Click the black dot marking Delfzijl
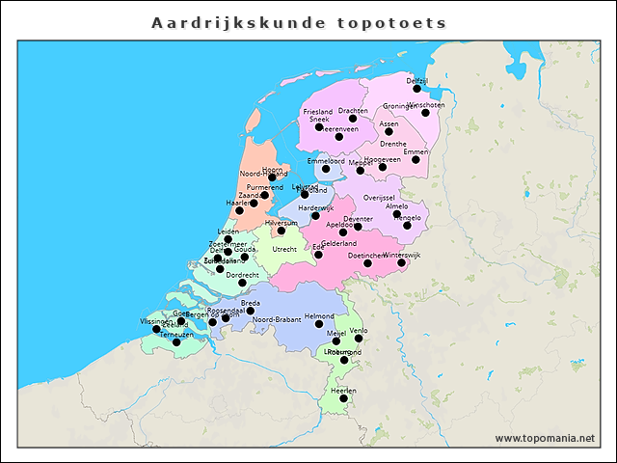417,89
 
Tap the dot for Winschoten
425,113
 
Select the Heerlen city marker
343,398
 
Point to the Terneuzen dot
175,342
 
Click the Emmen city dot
416,159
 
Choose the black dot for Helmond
319,323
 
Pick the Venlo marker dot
359,339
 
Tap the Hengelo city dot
407,226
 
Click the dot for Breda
250,311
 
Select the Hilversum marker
281,231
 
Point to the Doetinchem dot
367,263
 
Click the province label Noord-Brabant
277,319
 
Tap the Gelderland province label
339,244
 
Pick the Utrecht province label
284,249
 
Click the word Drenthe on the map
392,144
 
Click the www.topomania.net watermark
545,438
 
